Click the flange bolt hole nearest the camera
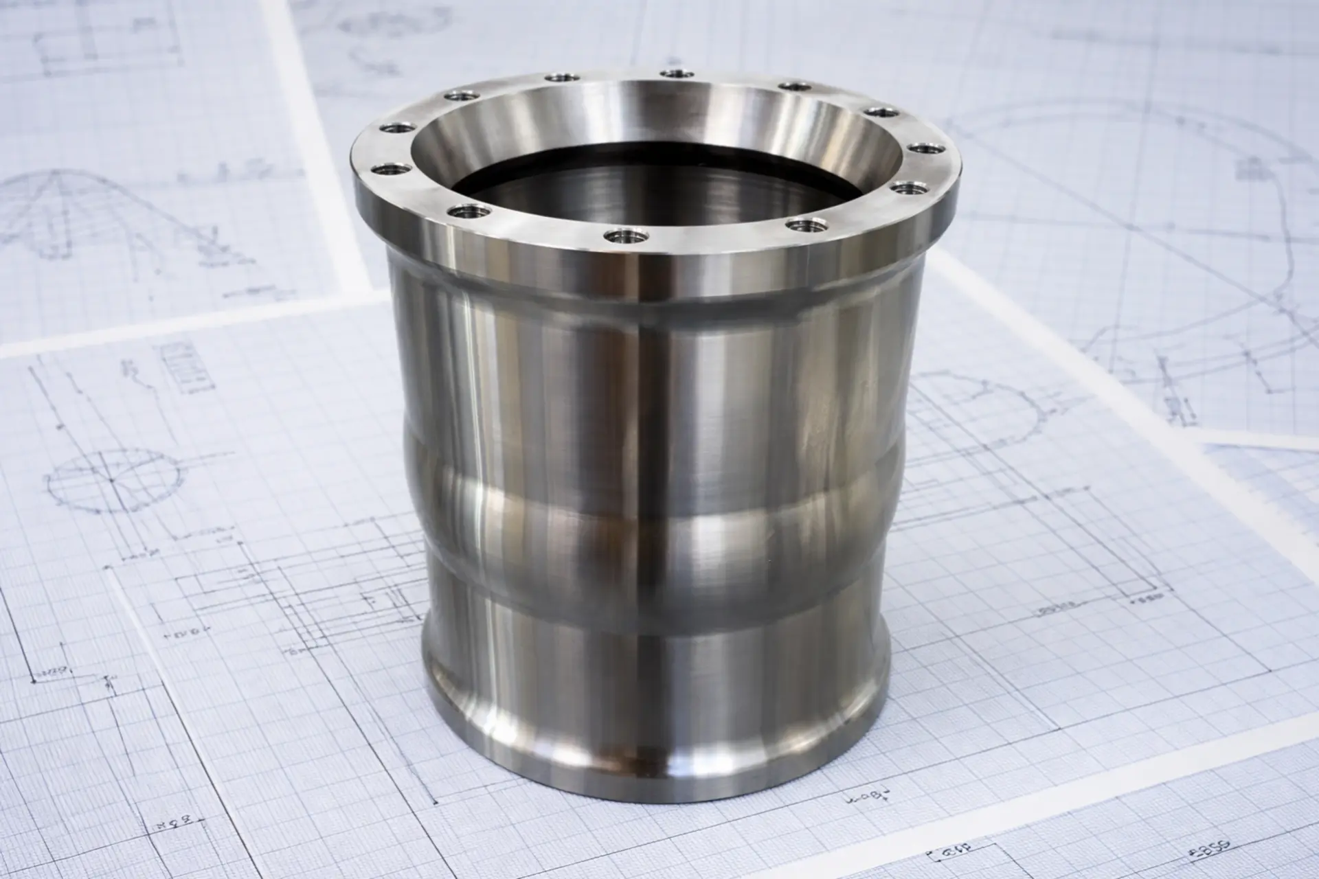coord(624,236)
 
